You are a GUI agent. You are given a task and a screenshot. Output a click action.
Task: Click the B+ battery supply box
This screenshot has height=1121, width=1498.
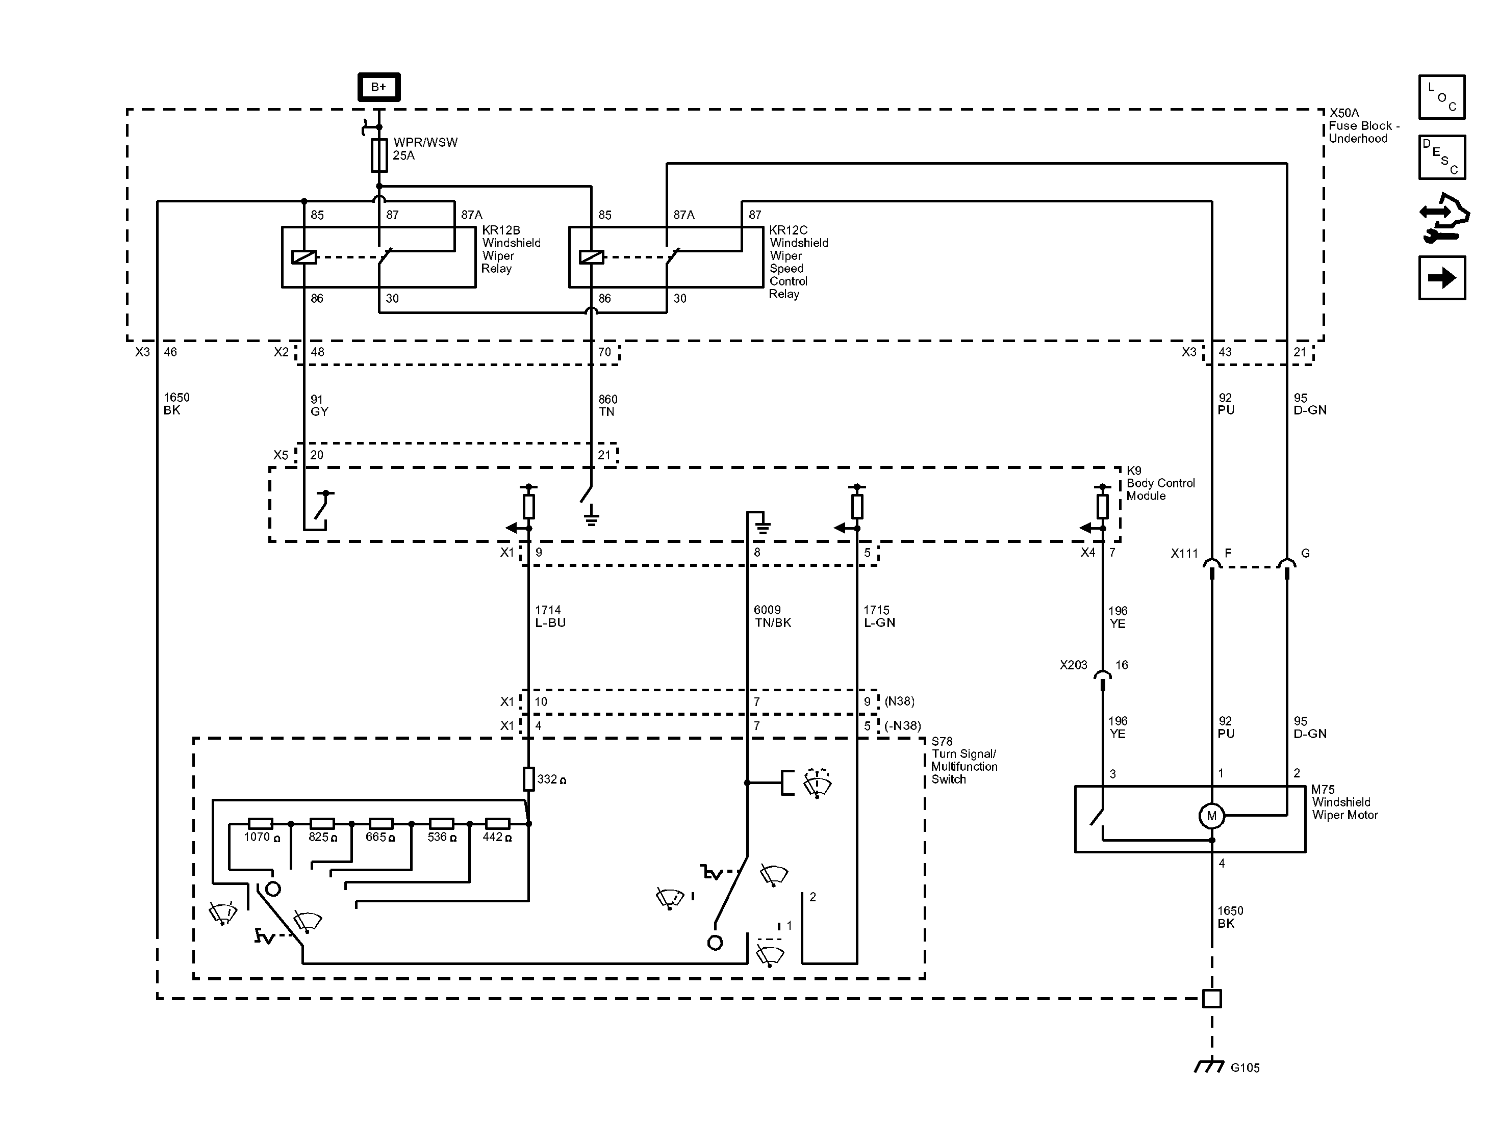378,87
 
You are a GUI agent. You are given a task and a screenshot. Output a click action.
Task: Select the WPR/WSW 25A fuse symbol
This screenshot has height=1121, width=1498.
379,155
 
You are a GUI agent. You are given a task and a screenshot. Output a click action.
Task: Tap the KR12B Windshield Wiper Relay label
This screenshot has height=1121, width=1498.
511,249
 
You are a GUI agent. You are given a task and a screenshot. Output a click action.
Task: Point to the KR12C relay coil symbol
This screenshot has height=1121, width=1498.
591,257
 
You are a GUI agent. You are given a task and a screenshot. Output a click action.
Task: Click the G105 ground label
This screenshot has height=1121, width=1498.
1245,1068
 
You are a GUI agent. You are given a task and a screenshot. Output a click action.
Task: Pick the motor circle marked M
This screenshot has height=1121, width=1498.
1211,816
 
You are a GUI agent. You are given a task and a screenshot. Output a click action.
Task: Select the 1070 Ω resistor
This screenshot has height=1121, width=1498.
260,824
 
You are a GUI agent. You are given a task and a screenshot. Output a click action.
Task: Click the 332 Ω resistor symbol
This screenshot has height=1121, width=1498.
529,779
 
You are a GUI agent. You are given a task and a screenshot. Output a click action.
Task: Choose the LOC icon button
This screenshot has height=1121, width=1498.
1442,97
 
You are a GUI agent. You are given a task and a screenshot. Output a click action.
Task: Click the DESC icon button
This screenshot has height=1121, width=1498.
1442,157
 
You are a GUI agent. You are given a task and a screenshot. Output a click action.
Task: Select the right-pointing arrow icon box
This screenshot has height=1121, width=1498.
1442,277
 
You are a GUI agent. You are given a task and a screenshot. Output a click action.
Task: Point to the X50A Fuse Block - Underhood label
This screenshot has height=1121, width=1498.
1363,126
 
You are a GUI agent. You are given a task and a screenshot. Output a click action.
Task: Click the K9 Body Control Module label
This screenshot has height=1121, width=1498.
1160,483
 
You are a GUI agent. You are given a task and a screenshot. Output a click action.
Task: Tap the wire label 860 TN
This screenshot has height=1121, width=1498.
607,405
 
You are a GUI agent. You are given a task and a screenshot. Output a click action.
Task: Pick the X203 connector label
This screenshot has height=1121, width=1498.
1073,665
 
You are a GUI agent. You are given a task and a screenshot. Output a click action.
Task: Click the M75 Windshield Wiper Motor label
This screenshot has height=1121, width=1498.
1344,803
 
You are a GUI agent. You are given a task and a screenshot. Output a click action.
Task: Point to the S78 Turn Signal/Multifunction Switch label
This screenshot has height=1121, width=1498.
963,760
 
